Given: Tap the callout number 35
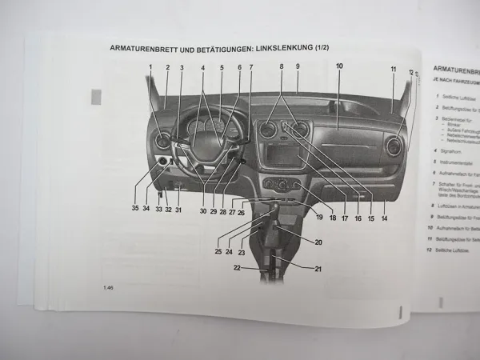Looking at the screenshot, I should [134, 209].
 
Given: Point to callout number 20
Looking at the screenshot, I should [318, 242].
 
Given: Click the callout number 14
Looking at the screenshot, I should [384, 218].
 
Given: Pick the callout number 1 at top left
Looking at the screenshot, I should [150, 67].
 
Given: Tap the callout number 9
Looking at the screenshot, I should [297, 66].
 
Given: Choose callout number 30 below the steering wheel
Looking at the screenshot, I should [203, 211].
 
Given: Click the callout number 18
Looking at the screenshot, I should [331, 218].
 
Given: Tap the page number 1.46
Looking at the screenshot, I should [108, 287].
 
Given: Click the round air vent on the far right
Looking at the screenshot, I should [393, 146].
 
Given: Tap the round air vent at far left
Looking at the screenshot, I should [163, 142].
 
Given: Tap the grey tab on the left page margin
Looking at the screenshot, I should [97, 97].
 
